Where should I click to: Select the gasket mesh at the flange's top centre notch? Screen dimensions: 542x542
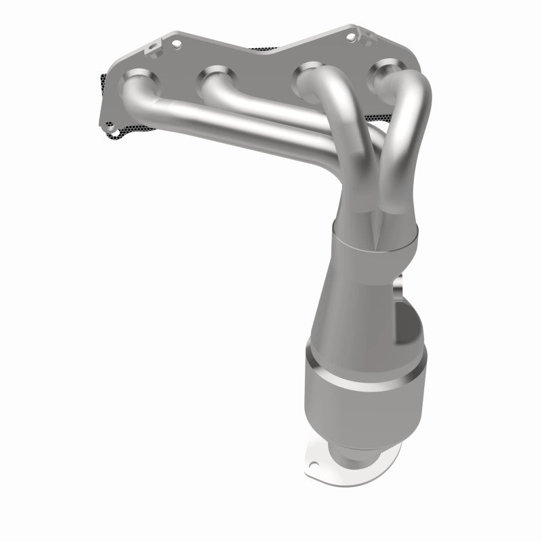pyautogui.click(x=268, y=49)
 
